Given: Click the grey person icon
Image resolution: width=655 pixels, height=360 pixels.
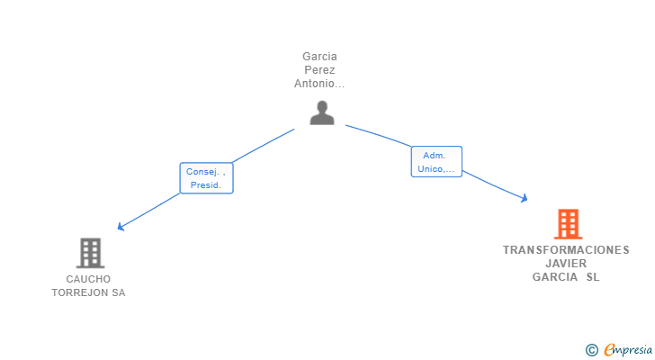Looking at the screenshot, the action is (322, 112).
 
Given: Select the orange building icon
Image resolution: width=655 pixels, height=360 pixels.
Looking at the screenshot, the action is (568, 224).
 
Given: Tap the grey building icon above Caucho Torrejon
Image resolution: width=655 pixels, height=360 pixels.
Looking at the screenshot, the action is (90, 253).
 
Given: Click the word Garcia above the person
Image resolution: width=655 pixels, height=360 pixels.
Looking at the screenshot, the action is (319, 57).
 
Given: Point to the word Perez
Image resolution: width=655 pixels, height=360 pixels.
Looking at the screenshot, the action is (319, 69).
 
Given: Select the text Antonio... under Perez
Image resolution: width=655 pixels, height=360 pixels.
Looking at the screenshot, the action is (319, 84).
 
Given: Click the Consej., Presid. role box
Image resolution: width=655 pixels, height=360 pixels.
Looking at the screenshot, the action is (206, 178).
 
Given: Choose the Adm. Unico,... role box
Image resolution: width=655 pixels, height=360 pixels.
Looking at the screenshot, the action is (436, 162).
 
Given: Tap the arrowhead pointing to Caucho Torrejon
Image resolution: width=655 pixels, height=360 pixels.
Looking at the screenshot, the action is (121, 227).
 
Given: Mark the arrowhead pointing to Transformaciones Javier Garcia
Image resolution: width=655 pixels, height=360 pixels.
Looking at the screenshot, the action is (525, 198).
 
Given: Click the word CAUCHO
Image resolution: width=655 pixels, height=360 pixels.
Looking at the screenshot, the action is (88, 279).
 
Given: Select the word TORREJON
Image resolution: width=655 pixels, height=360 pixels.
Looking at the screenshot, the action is (80, 292).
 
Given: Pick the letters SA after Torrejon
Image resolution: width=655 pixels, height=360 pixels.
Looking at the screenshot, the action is (119, 292).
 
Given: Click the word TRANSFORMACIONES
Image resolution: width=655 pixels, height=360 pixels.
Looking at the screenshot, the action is (566, 249).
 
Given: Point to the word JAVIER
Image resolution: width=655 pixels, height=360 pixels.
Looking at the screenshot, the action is (566, 264).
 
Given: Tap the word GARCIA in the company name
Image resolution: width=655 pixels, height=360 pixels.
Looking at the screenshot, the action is (555, 277).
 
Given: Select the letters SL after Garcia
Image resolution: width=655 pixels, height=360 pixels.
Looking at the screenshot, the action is (593, 277).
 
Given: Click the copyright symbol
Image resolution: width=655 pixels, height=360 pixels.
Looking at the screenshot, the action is (591, 350).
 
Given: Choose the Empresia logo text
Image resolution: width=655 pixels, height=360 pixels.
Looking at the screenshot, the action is (628, 349).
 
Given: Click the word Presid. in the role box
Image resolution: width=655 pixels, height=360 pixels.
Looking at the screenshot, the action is (205, 185).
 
